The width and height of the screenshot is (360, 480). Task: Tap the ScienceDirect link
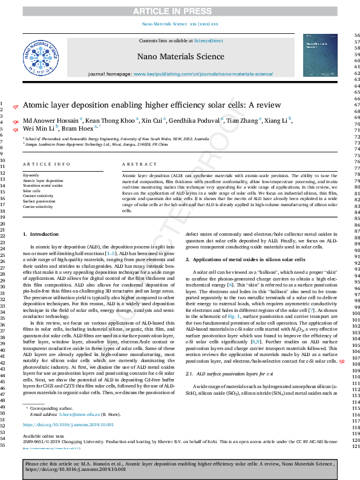(208, 41)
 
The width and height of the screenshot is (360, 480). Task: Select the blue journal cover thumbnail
(320, 55)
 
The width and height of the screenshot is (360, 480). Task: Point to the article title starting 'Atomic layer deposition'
(139, 104)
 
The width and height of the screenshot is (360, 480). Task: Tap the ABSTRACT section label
(135, 164)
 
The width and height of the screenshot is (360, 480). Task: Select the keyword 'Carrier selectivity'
(38, 206)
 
